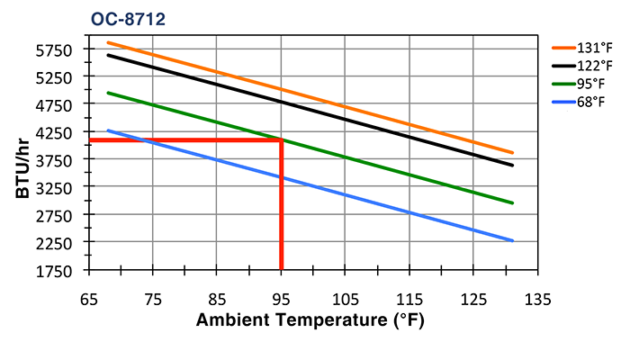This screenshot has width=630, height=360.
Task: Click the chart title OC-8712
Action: pos(128,18)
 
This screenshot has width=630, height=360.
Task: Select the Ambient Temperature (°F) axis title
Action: pos(310,320)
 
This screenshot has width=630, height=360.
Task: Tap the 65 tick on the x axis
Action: pos(88,298)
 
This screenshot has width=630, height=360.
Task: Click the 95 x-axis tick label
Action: pos(281,298)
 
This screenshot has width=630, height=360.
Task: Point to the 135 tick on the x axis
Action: pos(537,298)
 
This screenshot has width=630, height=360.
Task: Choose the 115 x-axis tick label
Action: pos(409,298)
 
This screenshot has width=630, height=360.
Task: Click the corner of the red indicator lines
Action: pos(282,139)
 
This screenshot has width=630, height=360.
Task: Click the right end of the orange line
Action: pos(512,153)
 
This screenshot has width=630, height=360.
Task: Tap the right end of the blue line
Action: pos(512,240)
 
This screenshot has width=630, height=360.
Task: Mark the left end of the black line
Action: pos(108,55)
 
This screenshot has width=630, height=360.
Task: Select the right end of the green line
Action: pos(512,202)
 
